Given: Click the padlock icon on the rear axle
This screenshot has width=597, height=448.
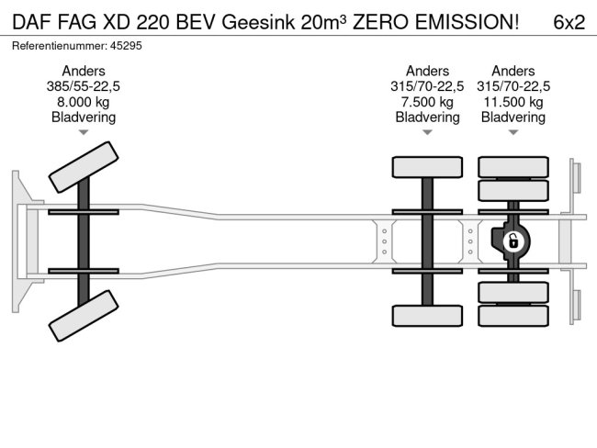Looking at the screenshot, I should click(x=513, y=241).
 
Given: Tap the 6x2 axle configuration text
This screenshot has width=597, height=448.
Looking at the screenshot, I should click(x=569, y=23).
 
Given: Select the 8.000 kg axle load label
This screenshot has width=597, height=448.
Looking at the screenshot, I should click(x=84, y=102).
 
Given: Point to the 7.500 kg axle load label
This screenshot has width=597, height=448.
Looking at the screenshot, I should click(x=427, y=102).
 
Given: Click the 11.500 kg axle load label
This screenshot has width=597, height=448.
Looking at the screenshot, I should click(x=513, y=102).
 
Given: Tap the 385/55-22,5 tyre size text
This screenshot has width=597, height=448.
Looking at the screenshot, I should click(x=84, y=86).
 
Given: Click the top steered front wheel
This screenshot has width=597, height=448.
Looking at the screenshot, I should click(x=83, y=166).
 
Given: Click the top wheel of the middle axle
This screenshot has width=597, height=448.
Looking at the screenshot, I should click(x=427, y=166).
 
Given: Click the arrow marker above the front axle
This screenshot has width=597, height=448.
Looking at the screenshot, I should click(x=84, y=133).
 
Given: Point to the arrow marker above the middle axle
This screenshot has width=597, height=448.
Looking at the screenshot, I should click(x=427, y=133).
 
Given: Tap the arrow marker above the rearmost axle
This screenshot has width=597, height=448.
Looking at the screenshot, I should click(x=513, y=133).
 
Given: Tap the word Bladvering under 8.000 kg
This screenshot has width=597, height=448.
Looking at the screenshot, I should click(x=84, y=118).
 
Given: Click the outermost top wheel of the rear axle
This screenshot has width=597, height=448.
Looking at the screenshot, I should click(x=513, y=166).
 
